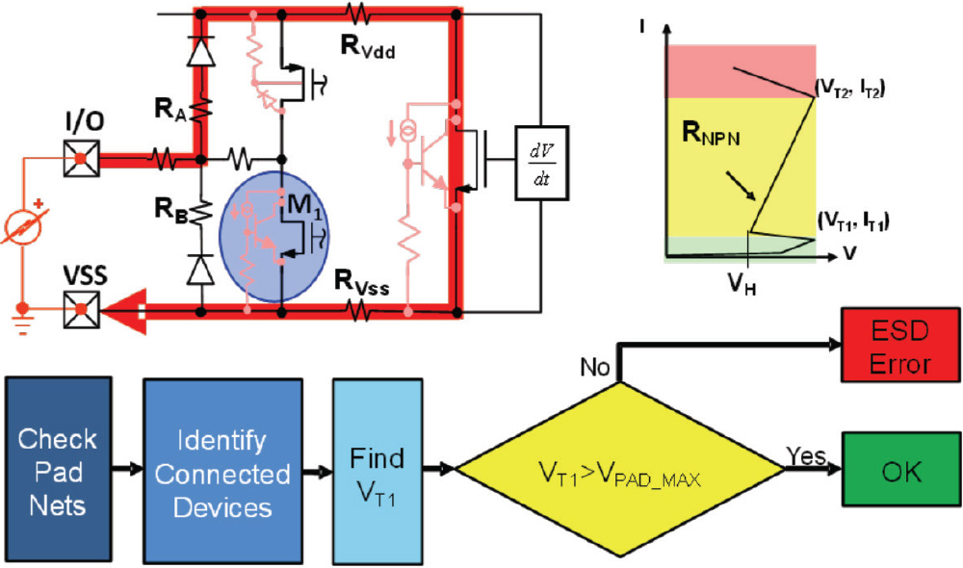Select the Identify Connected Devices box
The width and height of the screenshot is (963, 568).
coord(222,471)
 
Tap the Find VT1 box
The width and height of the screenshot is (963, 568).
coord(377,471)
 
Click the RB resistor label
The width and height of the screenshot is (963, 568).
coord(169,205)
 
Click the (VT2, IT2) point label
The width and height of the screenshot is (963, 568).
coord(849,89)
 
